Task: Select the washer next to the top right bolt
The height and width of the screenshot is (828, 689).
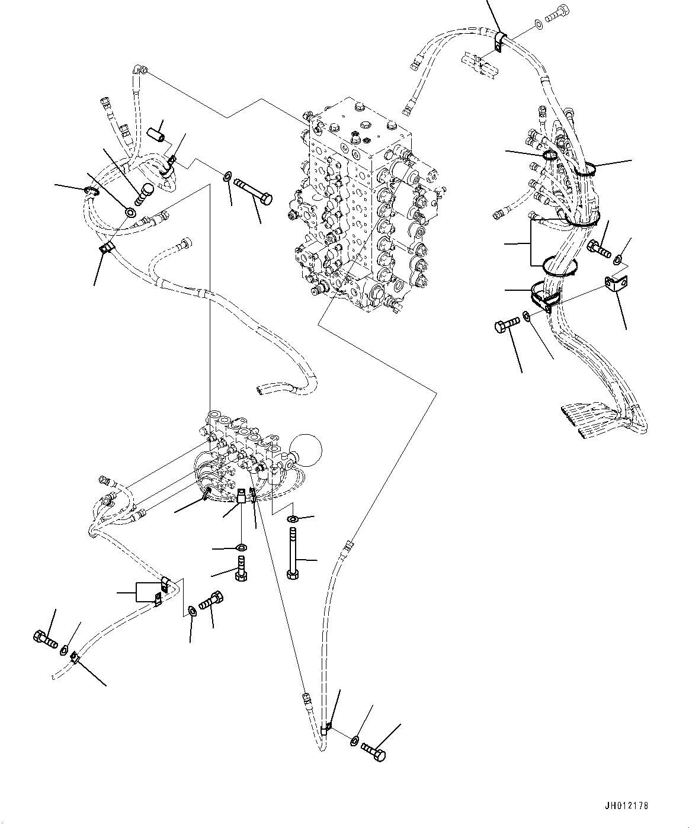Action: [x=537, y=25]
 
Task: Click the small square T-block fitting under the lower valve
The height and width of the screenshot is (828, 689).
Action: [x=241, y=496]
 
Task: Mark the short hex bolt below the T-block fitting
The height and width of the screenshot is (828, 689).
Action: [x=241, y=569]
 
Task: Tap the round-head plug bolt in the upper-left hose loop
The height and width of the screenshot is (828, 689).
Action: [x=146, y=192]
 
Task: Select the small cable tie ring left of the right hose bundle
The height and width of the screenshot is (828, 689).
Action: [x=549, y=156]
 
